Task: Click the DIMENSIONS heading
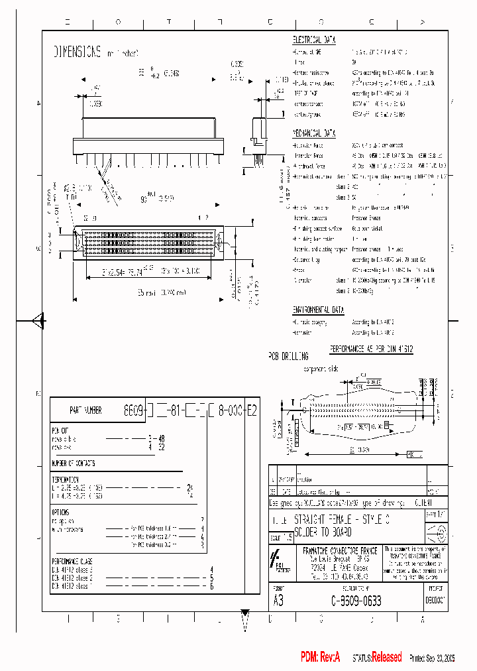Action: coord(77,52)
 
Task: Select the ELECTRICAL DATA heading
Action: coord(317,40)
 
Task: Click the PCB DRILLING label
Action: coord(288,356)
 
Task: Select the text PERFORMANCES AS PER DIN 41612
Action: coord(371,348)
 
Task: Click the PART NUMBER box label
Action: coord(85,410)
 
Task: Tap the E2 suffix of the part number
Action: coord(250,410)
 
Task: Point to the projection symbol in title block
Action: coord(438,532)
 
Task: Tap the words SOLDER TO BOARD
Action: coord(325,532)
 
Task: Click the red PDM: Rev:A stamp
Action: coord(320,657)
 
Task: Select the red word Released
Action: coord(386,657)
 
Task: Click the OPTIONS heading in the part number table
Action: coord(60,511)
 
